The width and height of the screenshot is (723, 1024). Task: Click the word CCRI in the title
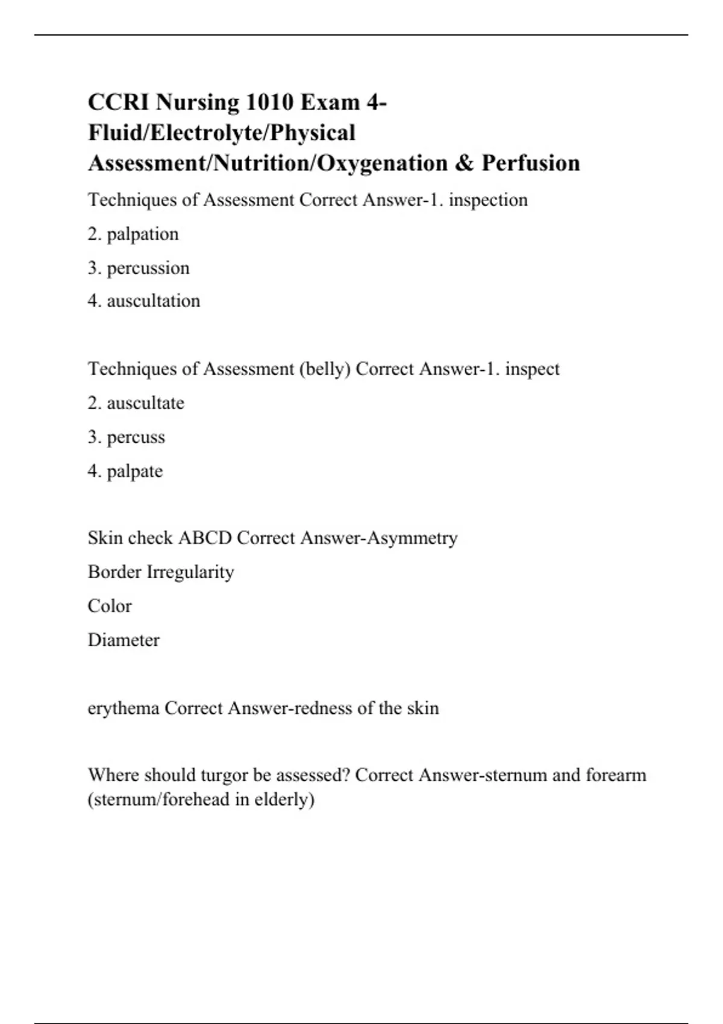coord(118,102)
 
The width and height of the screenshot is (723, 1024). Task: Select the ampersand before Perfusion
coord(465,163)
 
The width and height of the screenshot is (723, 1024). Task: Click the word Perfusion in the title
coord(531,163)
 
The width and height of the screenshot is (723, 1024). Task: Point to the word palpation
coord(143,234)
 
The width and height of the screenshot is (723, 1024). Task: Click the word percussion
coord(148,268)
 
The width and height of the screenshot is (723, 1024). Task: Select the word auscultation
coord(154,301)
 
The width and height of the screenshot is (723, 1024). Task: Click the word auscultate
coord(146,403)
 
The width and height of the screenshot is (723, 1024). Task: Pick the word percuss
coord(136,437)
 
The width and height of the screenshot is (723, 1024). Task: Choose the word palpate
coord(135,471)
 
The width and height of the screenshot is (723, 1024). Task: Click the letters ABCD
coord(205,538)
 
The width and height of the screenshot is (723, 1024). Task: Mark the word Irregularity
coord(190,572)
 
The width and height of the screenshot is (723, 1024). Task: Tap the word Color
coord(110,606)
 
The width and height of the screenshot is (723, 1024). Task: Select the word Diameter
coord(124,640)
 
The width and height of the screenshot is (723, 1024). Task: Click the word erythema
coord(124,708)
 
